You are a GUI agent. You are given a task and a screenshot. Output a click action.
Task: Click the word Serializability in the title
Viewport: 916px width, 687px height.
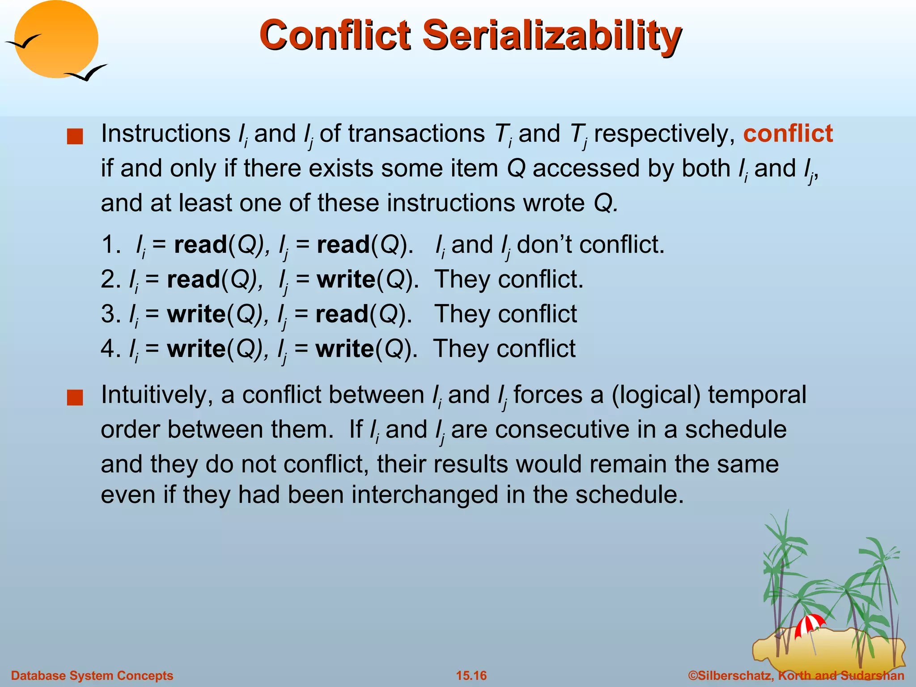552,36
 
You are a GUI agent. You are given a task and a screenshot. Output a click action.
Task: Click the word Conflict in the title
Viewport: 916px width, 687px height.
335,36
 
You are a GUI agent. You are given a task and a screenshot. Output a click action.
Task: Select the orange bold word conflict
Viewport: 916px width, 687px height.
788,134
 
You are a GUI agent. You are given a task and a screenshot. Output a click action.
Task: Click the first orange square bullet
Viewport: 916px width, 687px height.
75,136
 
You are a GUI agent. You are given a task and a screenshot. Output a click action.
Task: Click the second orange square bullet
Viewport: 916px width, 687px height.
75,397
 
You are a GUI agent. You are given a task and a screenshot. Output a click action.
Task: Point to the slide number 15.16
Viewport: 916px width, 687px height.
471,675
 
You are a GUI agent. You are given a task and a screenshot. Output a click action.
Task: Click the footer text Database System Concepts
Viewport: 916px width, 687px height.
92,675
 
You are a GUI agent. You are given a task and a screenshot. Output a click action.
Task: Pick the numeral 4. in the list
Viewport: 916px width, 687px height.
110,349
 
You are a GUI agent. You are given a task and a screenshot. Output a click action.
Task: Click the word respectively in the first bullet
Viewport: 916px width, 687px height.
664,134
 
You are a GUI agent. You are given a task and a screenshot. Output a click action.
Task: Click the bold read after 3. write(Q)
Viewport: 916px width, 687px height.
342,314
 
